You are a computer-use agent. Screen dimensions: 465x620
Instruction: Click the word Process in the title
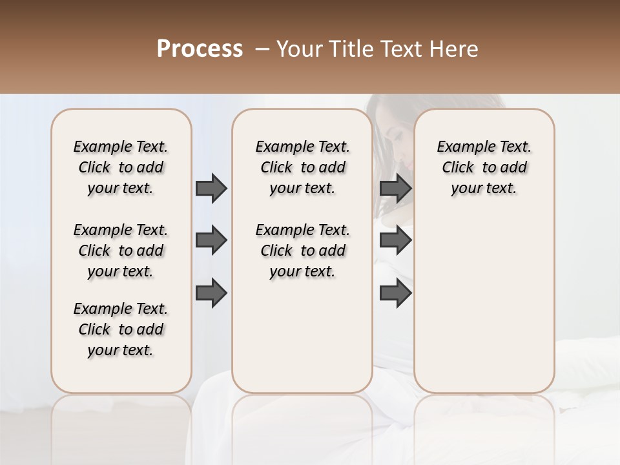coord(200,49)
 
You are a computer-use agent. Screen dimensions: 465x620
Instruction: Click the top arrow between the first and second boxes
coord(211,188)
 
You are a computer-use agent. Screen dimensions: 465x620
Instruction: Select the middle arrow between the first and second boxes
coord(211,240)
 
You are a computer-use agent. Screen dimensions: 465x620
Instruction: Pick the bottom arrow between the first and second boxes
coord(211,293)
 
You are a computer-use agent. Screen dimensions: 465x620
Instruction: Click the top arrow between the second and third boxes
coord(395,188)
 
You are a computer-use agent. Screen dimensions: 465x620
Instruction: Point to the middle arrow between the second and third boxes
coord(395,240)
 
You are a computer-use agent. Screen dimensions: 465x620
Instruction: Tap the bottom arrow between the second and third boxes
coord(395,293)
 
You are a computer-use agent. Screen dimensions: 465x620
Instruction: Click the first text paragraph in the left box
coord(121,167)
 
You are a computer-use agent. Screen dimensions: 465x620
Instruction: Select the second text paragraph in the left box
coord(121,251)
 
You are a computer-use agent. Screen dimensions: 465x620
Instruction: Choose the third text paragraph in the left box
coord(121,329)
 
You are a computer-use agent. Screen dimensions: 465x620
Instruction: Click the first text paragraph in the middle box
coord(302,167)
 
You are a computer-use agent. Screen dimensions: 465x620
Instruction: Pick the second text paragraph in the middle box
coord(302,251)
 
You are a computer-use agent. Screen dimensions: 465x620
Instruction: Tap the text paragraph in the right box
coord(484,167)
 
